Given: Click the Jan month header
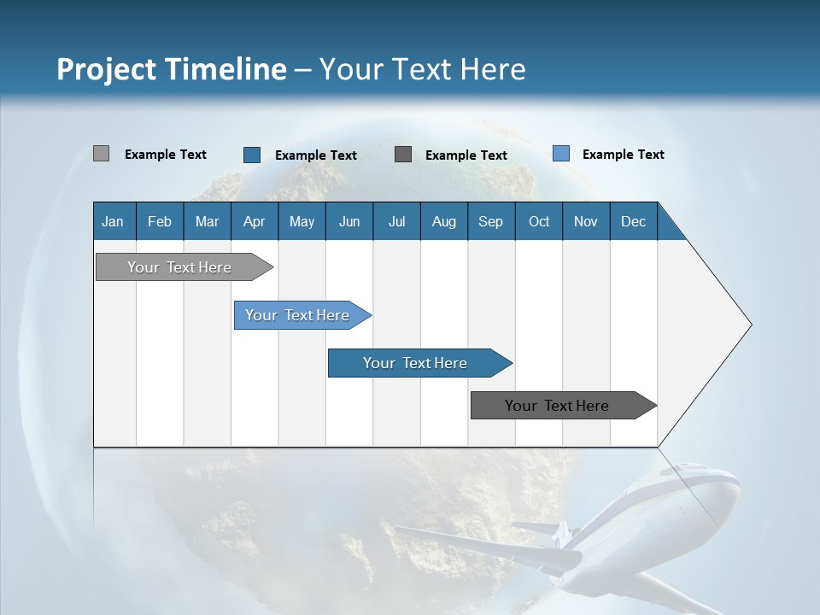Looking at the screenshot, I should point(114,221).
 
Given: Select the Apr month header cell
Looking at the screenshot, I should point(255,221).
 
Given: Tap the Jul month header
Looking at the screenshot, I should point(396,221).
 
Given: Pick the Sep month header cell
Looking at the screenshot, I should point(491,221).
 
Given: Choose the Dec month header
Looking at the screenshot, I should point(633,221).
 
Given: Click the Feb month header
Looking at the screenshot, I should point(160,221).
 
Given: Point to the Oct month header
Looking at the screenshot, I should point(539,221).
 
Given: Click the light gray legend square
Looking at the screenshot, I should point(101,154).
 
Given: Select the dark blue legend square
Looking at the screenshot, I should point(252,155).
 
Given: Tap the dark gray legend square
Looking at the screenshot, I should point(403,155).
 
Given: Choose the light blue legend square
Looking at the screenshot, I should point(561,154).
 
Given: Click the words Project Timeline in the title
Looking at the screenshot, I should point(172,69).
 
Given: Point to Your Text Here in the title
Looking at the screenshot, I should point(422,69).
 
